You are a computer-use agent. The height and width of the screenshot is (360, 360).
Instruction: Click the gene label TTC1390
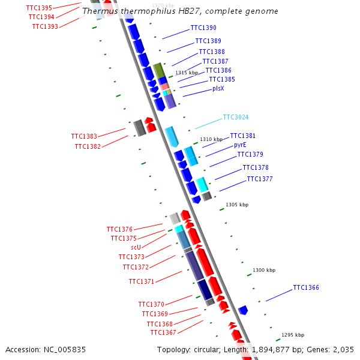[203, 28]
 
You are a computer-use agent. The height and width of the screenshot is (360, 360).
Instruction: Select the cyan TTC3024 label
[236, 118]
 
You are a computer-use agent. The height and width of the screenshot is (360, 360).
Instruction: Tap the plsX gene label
[218, 88]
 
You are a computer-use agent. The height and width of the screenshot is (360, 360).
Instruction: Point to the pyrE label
[240, 145]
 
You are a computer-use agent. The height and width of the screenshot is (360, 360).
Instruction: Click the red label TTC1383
[84, 137]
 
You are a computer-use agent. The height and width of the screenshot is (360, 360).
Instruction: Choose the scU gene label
[136, 247]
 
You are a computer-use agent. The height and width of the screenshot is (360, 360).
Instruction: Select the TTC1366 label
[306, 288]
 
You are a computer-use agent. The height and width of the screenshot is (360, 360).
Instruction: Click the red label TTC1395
[39, 8]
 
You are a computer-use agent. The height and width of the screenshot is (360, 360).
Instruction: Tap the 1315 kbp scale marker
[186, 73]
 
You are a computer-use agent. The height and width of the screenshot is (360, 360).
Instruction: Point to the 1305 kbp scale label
[237, 205]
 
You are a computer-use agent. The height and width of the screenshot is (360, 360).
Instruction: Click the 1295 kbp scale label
[293, 335]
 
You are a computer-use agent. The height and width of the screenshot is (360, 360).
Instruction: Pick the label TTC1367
[163, 332]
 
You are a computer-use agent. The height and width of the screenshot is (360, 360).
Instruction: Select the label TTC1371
[142, 281]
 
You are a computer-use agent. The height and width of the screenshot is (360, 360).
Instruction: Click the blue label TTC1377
[260, 179]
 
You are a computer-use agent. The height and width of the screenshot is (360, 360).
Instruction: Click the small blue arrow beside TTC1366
[243, 310]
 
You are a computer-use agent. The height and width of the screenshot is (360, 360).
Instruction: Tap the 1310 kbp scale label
[211, 139]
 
